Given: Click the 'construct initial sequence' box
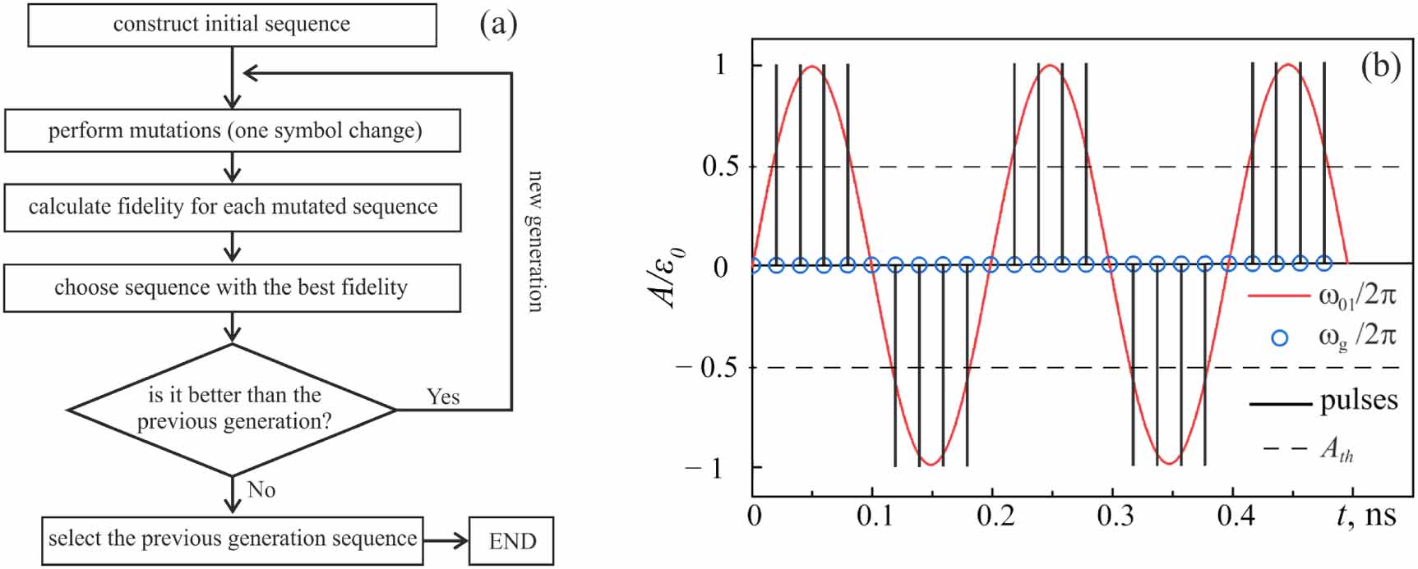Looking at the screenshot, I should tap(232, 25).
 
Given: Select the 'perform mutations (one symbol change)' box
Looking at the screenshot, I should tap(233, 131).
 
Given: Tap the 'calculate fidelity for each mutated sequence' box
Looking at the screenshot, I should tap(233, 207).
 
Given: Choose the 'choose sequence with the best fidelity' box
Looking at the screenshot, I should tap(232, 287).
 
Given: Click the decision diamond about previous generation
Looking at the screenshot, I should tap(233, 408).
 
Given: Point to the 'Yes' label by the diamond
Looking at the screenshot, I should tap(443, 397).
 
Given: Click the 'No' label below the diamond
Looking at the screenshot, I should tap(261, 490).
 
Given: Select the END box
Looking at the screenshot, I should tap(511, 541).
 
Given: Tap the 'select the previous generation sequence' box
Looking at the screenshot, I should tap(233, 539).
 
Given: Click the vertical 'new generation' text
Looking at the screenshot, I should tap(535, 241).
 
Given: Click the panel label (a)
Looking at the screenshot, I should tap(498, 25).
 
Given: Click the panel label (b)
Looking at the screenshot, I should tap(1380, 66).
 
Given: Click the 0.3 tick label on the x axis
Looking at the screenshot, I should tap(1115, 516).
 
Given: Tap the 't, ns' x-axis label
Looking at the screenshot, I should tap(1366, 516).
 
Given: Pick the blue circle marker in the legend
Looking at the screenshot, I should tap(1280, 337).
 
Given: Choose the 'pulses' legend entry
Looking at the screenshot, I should tap(1358, 401).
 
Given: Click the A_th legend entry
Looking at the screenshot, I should tap(1337, 448).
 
